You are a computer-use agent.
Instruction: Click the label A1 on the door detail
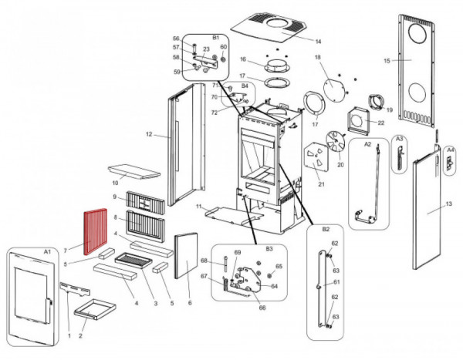pyautogui.click(x=46, y=252)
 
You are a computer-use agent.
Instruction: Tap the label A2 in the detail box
pyautogui.click(x=367, y=144)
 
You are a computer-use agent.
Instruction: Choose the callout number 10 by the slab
pyautogui.click(x=114, y=183)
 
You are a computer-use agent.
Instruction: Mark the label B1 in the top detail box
pyautogui.click(x=215, y=37)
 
